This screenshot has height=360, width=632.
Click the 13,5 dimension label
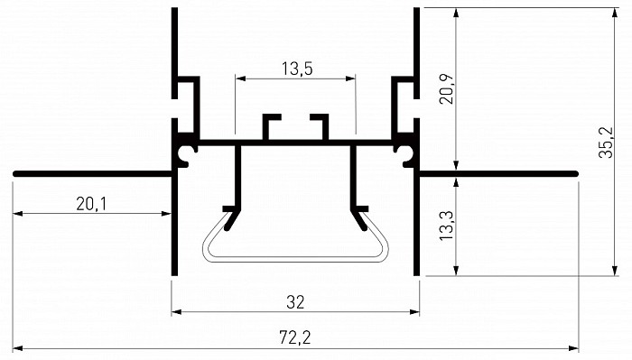point(297,69)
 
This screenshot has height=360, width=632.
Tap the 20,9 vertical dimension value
point(447,89)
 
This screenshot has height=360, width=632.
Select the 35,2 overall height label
point(606,143)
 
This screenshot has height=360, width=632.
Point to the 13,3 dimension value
point(447,226)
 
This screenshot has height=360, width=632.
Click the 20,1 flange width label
point(91,204)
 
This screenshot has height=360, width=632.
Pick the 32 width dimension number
point(295,302)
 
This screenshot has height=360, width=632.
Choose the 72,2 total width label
point(295,337)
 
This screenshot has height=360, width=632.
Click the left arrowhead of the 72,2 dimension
point(18,348)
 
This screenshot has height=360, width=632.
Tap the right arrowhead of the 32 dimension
point(414,311)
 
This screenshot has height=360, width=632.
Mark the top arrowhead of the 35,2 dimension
point(615,13)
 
